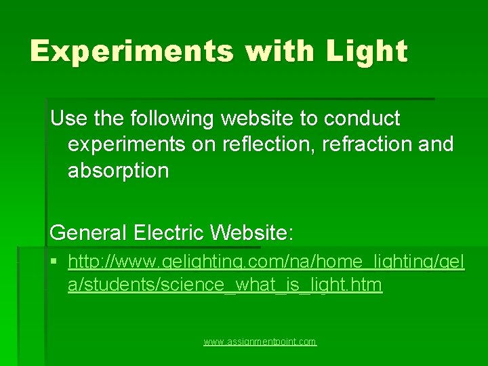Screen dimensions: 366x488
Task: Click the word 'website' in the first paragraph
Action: point(257,119)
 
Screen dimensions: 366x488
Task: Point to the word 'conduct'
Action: point(363,119)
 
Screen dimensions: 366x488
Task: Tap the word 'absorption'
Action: point(118,170)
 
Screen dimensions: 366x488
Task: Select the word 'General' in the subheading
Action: point(88,233)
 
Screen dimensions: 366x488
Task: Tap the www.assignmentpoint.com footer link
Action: point(260,342)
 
